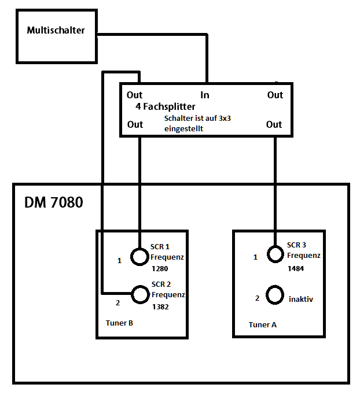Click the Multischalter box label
56,30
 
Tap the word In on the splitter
205,95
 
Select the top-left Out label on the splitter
135,95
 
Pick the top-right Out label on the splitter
275,95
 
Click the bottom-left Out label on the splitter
135,124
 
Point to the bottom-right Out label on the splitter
274,124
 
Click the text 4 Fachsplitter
165,107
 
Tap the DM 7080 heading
54,203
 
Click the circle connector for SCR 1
139,256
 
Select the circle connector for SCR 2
139,294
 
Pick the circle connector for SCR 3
275,255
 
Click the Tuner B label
120,323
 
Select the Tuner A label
263,324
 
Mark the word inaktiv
301,299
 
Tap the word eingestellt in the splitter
183,129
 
